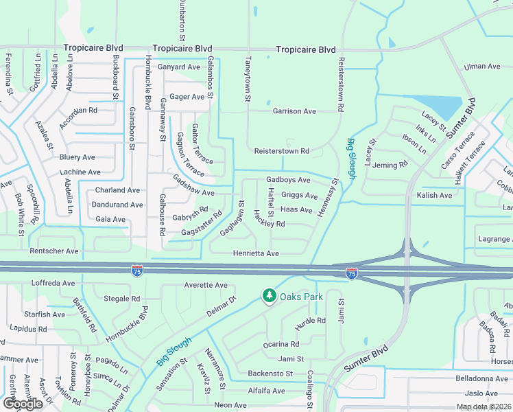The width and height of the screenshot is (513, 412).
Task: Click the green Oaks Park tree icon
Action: click(x=270, y=295)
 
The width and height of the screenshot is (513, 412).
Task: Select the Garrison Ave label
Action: click(x=294, y=111)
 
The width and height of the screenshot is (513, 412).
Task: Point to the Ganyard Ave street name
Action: click(x=178, y=67)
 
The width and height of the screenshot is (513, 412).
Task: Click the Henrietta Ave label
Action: click(x=255, y=253)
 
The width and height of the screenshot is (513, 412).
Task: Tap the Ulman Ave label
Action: click(x=482, y=67)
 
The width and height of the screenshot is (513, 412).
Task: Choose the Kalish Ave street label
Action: click(x=434, y=196)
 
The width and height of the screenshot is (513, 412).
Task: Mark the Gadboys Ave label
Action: click(x=288, y=180)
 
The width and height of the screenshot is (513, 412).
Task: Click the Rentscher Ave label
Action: click(x=54, y=251)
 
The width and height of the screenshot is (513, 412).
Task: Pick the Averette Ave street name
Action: click(x=205, y=285)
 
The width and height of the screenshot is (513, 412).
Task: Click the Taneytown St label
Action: click(x=246, y=80)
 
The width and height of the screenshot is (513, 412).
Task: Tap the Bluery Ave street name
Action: click(x=77, y=158)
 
